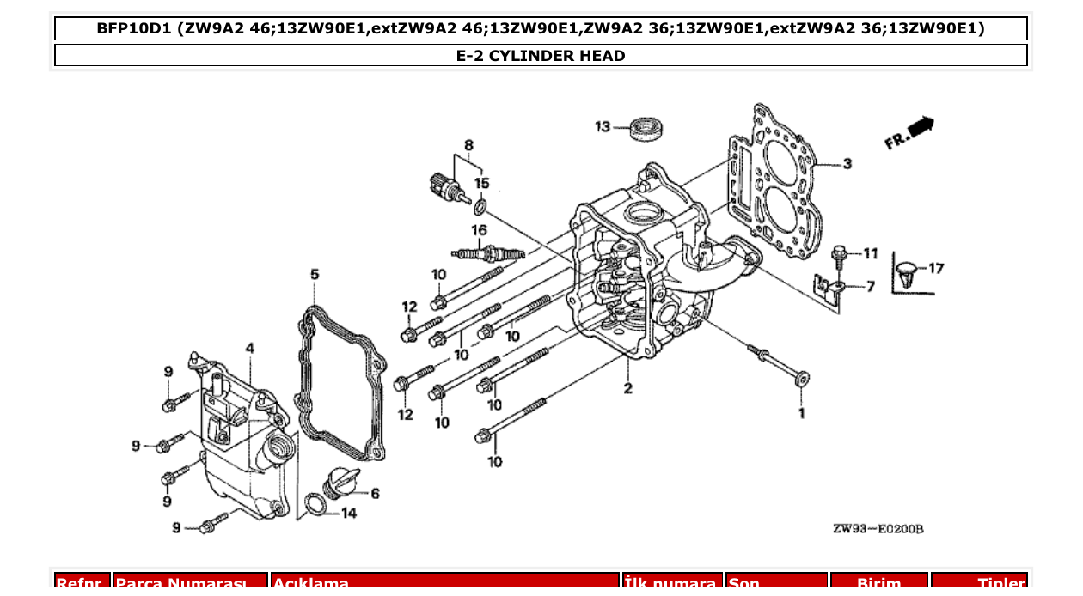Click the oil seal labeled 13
click(648, 128)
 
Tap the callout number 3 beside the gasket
click(847, 163)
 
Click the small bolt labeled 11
click(840, 253)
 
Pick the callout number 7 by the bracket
click(870, 286)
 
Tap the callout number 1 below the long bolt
click(801, 413)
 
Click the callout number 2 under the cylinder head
click(628, 388)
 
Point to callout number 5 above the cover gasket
click(315, 274)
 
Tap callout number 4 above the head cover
click(249, 348)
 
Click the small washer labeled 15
click(480, 205)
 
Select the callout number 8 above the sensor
click(469, 144)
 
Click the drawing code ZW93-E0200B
click(877, 529)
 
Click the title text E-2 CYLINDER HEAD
click(541, 56)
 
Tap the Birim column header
click(879, 583)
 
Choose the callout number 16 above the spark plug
click(479, 229)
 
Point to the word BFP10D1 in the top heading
click(133, 28)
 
